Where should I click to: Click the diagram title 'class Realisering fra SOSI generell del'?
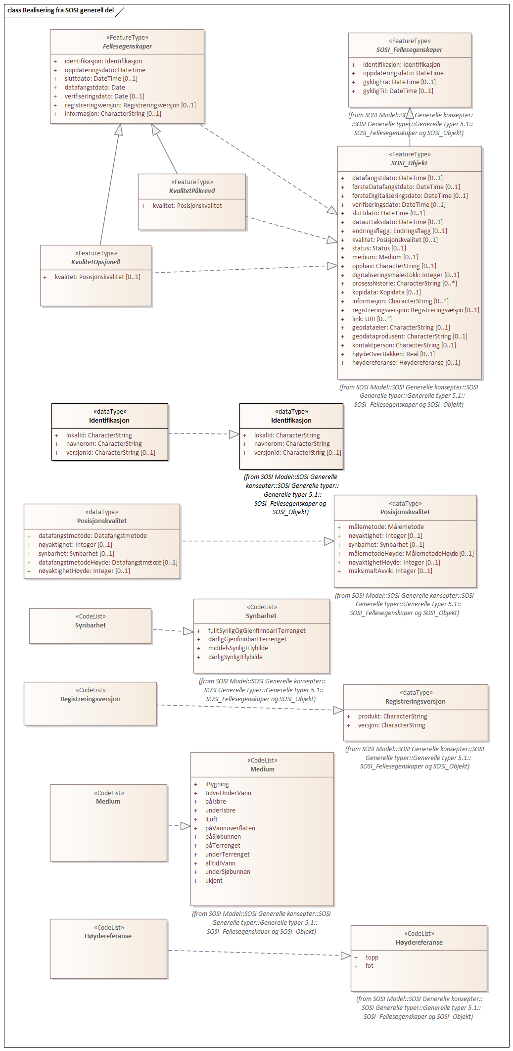pos(60,10)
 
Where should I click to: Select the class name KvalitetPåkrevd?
pos(192,191)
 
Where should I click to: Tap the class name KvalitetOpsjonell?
pos(95,262)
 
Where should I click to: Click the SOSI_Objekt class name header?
pos(409,163)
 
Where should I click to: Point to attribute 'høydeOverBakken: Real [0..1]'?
pos(393,354)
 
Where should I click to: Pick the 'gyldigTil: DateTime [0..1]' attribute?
pos(398,91)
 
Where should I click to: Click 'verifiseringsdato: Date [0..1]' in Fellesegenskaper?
pos(104,96)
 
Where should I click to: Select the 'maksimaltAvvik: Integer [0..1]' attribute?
pos(390,571)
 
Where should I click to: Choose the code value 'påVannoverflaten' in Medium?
pos(230,828)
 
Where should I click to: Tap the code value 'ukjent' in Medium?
pos(214,881)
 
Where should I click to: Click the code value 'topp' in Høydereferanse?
pos(372,957)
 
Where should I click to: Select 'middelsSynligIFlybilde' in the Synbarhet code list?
pos(238,648)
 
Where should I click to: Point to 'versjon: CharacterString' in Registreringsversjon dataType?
pos(391,725)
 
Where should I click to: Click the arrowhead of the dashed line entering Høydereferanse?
pos(346,955)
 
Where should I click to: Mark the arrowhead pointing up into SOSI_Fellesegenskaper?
pos(410,113)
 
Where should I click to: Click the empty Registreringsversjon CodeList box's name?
pos(91,699)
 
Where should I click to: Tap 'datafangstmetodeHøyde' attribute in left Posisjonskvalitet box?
pos(108,563)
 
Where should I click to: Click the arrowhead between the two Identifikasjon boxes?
pos(234,434)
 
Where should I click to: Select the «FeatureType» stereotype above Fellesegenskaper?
pos(127,38)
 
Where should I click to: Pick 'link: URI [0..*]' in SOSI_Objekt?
pos(372,319)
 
